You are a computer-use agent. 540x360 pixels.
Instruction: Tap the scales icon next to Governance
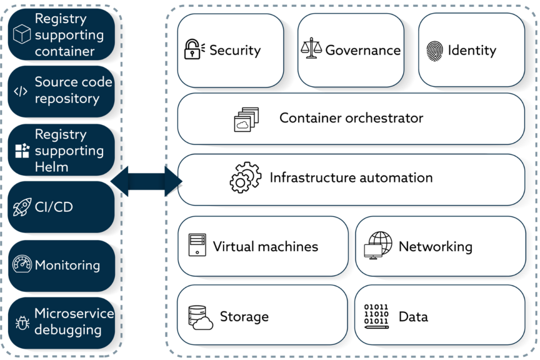310,48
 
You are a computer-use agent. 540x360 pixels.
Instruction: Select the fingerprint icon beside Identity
434,50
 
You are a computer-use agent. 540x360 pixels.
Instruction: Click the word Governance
362,50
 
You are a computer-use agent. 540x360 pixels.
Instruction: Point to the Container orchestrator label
351,118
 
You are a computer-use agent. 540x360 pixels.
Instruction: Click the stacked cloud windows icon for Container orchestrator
246,119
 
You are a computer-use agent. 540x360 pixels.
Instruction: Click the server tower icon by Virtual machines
197,245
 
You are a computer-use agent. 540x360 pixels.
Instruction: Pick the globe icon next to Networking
378,245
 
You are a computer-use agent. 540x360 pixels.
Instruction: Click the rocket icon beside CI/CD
22,206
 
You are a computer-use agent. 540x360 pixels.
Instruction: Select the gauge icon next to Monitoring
22,265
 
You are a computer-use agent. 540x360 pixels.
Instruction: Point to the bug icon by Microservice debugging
22,323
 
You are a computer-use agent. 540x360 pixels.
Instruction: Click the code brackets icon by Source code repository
20,91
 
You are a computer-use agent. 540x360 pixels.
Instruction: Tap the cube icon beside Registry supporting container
22,34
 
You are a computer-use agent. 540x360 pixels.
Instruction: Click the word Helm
51,167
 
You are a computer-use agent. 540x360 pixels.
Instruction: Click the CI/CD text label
54,206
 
